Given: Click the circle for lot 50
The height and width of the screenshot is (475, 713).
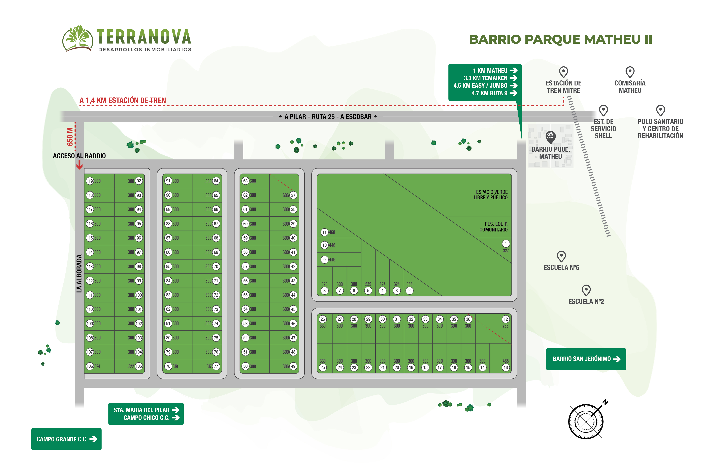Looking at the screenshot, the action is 246,366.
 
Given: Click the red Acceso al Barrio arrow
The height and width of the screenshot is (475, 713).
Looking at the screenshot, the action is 79,165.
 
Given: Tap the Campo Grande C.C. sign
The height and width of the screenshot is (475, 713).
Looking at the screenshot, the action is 66,439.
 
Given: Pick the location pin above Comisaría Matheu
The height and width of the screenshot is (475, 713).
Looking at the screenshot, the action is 630,72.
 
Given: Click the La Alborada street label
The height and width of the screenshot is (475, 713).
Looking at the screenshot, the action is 79,273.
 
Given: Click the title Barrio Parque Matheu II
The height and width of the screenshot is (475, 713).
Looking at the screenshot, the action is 560,39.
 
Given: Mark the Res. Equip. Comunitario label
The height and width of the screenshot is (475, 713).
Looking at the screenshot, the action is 493,227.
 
